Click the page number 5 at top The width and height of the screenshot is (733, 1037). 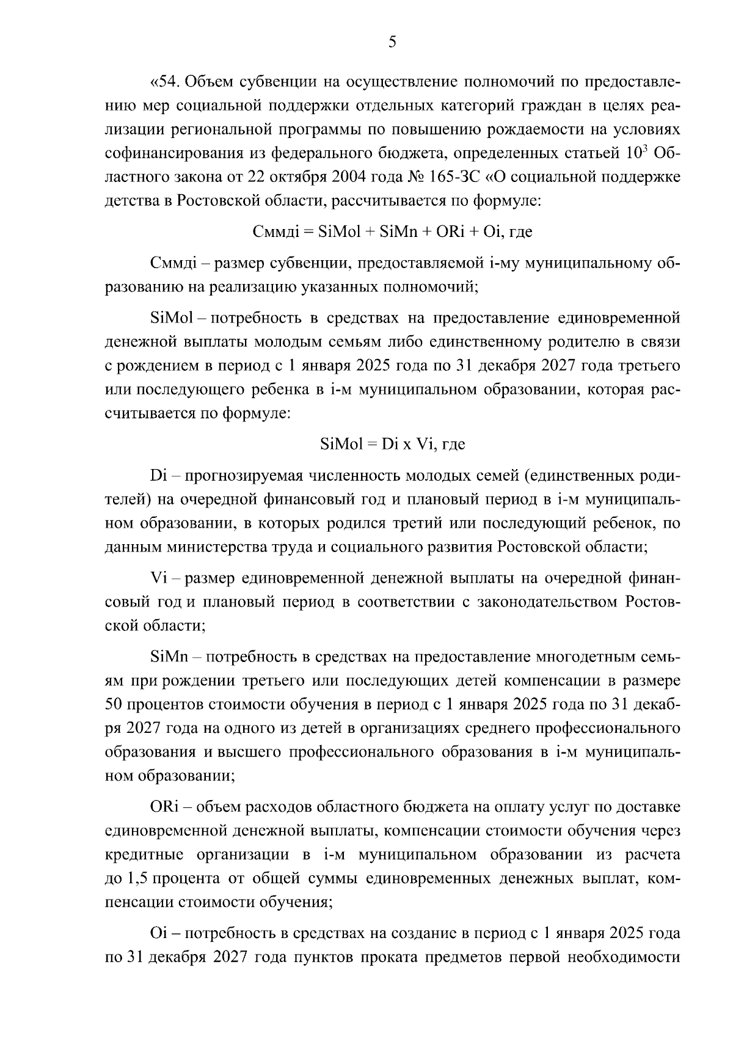point(392,42)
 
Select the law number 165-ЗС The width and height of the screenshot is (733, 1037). point(452,178)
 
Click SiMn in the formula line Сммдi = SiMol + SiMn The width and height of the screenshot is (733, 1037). point(396,232)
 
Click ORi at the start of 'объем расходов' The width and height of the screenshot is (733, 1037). point(163,807)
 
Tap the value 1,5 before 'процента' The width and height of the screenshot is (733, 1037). point(137,879)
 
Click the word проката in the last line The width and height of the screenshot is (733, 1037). point(392,958)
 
